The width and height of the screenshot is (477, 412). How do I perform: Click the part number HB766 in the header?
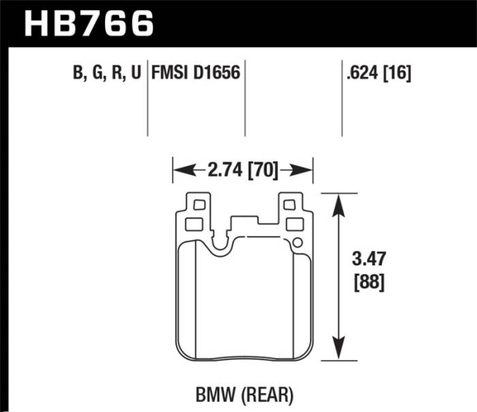tap(89, 23)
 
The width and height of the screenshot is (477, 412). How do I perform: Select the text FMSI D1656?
tap(196, 73)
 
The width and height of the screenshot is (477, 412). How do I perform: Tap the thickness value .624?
tap(361, 73)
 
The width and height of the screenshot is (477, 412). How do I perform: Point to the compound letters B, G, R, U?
tap(106, 73)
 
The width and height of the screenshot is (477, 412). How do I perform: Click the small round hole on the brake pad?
tap(296, 243)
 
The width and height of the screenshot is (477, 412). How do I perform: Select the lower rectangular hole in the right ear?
tap(294, 224)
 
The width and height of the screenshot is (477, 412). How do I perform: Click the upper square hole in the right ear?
tap(289, 203)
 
